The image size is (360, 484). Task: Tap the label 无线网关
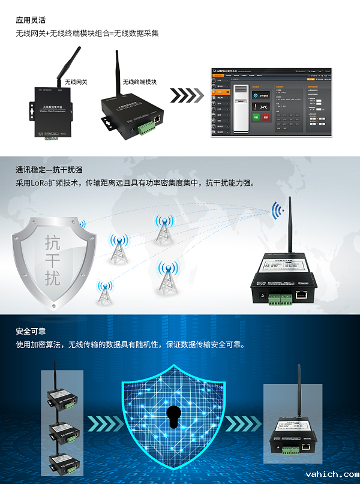click(76, 82)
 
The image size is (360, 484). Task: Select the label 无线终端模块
click(140, 82)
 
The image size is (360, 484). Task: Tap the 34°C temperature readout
click(263, 106)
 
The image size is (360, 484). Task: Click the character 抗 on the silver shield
click(53, 242)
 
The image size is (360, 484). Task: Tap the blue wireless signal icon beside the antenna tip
click(277, 211)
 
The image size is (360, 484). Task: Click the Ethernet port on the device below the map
click(302, 294)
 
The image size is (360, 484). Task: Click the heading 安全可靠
click(31, 332)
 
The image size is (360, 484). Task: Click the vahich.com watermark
click(331, 474)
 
